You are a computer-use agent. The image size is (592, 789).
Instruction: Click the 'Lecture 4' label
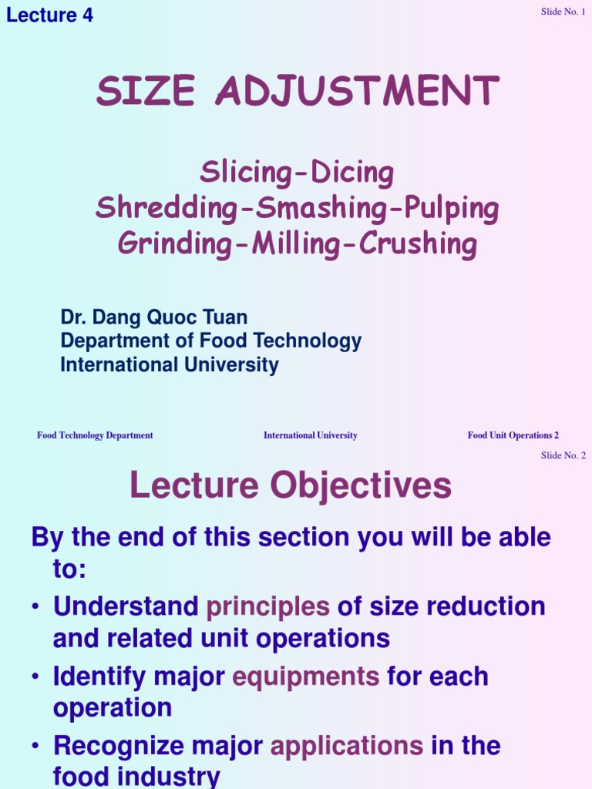coord(50,15)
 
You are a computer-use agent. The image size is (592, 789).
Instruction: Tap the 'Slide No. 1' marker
coord(563,12)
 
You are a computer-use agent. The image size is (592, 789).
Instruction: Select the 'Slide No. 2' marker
coord(563,455)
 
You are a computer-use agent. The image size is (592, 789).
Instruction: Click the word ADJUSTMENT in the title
coord(358,92)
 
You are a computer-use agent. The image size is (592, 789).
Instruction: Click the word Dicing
coord(352,173)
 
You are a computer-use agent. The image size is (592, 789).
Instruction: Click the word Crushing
coord(418,244)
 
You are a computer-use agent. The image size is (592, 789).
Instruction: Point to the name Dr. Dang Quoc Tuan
coord(154,317)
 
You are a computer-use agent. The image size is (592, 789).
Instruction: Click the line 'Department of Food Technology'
coord(210,341)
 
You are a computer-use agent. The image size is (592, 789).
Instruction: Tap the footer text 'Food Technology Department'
coord(95,435)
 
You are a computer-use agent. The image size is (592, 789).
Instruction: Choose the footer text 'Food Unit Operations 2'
coord(513,435)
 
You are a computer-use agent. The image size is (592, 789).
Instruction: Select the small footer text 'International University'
coord(311,435)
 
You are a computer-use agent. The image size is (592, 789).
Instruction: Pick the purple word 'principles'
coord(267,606)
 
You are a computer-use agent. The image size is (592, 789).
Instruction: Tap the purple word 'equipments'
coord(306,677)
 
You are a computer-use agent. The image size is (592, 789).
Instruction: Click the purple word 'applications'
coord(346,746)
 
